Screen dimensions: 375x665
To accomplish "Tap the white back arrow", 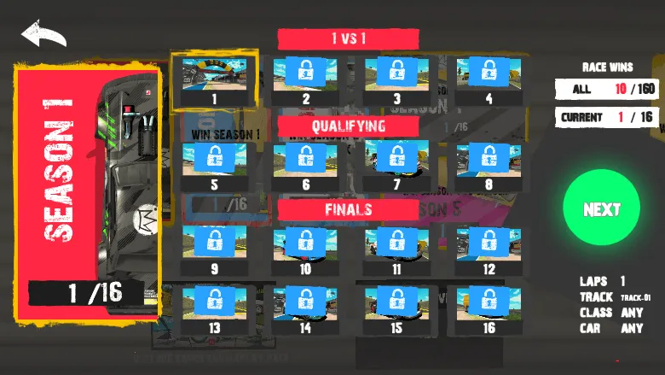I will point(43,35).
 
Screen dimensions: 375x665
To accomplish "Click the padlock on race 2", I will point(305,72).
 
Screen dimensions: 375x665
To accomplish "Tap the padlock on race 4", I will point(489,72).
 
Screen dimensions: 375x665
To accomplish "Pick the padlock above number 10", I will point(305,242).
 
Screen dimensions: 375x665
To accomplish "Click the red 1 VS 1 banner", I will point(348,38).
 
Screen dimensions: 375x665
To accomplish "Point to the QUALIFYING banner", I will point(348,126).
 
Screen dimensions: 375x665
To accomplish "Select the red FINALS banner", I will point(348,209).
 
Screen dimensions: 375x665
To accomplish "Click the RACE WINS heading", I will point(607,67).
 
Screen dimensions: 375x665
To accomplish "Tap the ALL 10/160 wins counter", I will point(607,89).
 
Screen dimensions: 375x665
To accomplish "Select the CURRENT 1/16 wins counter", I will point(607,116).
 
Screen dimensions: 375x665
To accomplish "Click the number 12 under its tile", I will point(489,269).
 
